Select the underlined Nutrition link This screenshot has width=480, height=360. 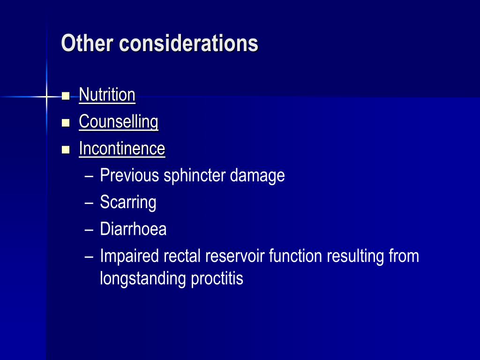pyautogui.click(x=107, y=95)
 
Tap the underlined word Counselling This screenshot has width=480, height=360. pyautogui.click(x=119, y=122)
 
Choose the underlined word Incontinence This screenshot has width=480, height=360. pyautogui.click(x=122, y=149)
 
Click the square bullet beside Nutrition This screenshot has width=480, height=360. pyautogui.click(x=66, y=96)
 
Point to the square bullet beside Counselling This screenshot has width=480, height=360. pyautogui.click(x=66, y=123)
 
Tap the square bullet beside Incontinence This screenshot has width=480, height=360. pyautogui.click(x=66, y=150)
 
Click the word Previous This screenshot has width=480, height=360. pyautogui.click(x=129, y=176)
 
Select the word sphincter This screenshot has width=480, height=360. pyautogui.click(x=195, y=176)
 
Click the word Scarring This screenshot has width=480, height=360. pyautogui.click(x=128, y=203)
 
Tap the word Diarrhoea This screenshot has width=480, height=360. pyautogui.click(x=133, y=230)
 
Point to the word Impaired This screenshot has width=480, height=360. pyautogui.click(x=130, y=257)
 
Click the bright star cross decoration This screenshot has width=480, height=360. pyautogui.click(x=46, y=97)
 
